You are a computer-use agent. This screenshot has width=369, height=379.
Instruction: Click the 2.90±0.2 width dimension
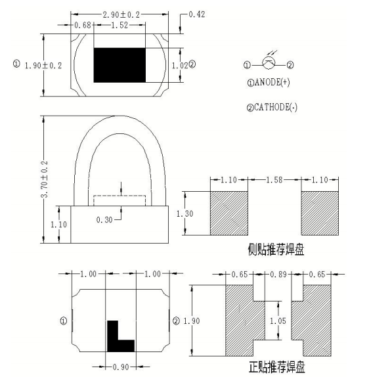click(123, 14)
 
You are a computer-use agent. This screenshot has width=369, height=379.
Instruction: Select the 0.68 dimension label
click(83, 25)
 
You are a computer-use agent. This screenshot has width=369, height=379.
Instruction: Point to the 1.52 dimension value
click(119, 25)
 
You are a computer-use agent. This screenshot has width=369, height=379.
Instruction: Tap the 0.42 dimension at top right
click(198, 14)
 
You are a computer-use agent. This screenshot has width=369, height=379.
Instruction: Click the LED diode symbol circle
click(269, 64)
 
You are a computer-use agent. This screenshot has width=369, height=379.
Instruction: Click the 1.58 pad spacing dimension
click(274, 180)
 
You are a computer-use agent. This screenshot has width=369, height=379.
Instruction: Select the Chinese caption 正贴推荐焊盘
click(276, 366)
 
